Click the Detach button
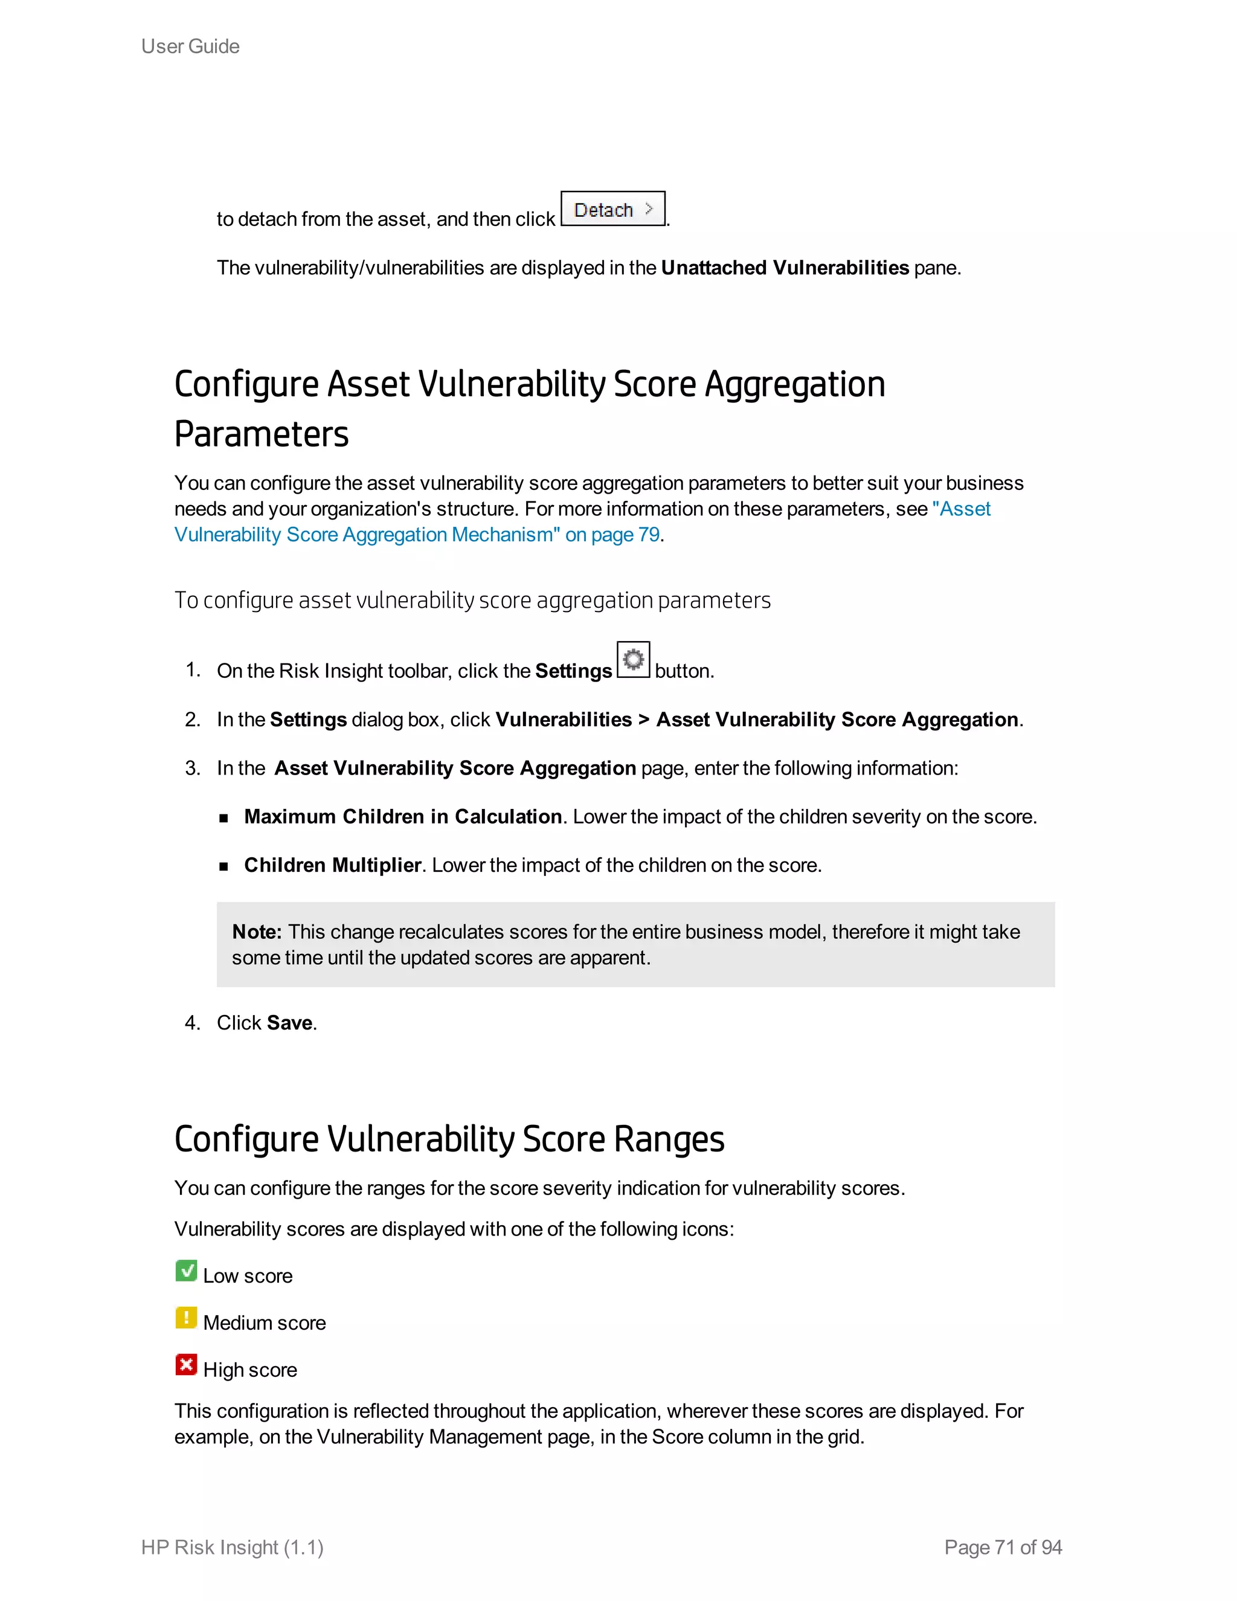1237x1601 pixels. click(x=612, y=210)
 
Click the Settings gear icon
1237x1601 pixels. click(x=633, y=660)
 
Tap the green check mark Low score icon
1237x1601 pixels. click(x=186, y=1271)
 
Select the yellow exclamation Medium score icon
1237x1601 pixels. click(x=186, y=1317)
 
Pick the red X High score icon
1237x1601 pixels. click(x=186, y=1364)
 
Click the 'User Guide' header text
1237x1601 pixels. click(x=190, y=46)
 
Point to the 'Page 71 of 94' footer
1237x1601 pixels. click(x=1003, y=1547)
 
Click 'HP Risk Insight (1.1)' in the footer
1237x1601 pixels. click(x=233, y=1547)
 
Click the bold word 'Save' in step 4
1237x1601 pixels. click(x=290, y=1023)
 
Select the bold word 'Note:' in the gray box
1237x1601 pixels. click(x=257, y=932)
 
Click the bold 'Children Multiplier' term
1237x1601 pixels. click(x=333, y=865)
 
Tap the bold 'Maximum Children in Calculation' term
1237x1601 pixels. click(x=403, y=817)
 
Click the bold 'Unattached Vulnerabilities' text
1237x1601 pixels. click(x=785, y=268)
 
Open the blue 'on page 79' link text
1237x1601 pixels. click(x=612, y=535)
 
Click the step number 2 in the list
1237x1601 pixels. click(x=192, y=719)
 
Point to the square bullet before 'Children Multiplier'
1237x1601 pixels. click(x=223, y=866)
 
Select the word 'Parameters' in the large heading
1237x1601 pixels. click(x=262, y=433)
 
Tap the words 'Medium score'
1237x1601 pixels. click(x=265, y=1322)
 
